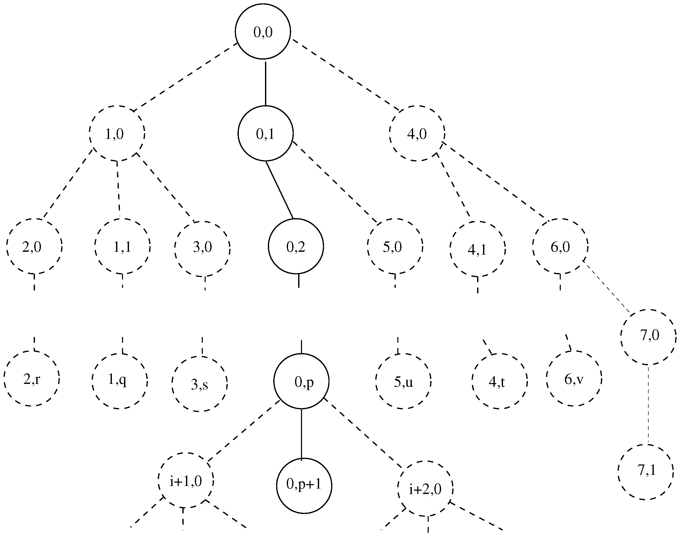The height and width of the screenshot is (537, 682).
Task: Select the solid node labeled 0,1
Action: click(x=265, y=133)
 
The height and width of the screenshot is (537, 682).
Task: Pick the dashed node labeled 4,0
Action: click(x=417, y=133)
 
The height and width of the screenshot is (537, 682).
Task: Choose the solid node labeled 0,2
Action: click(x=296, y=246)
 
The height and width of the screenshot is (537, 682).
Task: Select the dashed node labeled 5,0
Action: click(x=395, y=246)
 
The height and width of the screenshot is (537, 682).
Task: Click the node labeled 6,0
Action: click(x=560, y=246)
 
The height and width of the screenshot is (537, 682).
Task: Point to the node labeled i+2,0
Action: click(x=425, y=489)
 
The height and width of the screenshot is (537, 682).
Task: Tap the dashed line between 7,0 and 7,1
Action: click(x=648, y=405)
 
